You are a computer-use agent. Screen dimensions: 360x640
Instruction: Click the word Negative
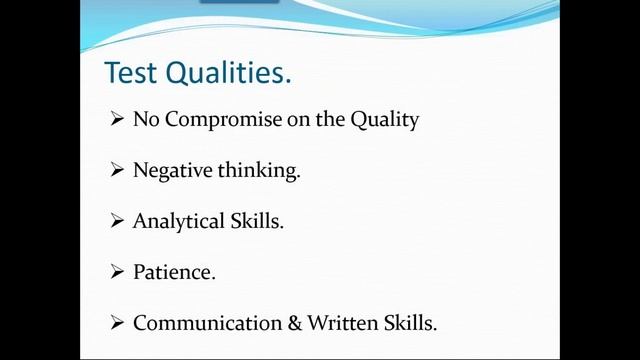[x=171, y=170]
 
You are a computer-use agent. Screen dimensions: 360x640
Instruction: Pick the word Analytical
[x=179, y=221]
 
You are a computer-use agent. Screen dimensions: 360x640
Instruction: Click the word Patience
[x=174, y=272]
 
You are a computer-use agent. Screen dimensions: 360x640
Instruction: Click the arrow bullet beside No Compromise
[x=116, y=119]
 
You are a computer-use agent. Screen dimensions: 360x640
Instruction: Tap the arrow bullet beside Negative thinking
[x=116, y=170]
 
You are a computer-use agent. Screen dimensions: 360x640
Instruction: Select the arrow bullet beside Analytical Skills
[x=116, y=221]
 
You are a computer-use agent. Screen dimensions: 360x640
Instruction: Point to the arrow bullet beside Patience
[x=116, y=272]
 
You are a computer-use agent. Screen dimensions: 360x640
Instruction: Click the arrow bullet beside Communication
[x=116, y=323]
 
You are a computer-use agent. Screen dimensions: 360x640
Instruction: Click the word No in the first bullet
[x=144, y=119]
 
